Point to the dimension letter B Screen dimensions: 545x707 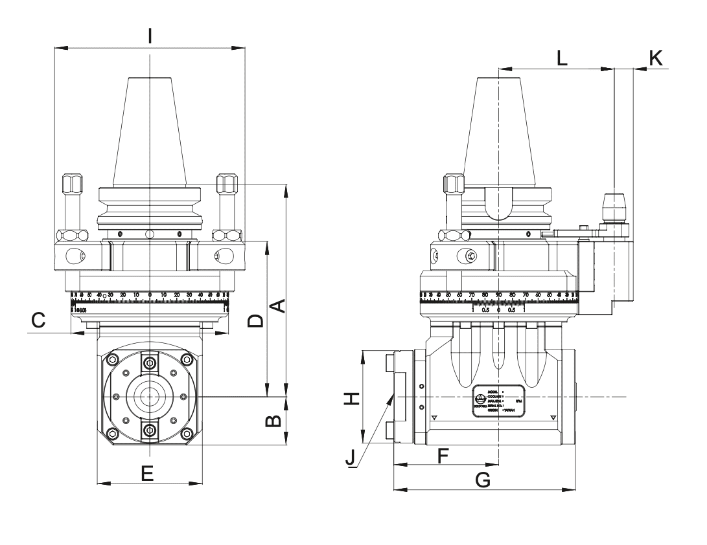coord(274,421)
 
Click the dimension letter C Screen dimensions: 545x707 coord(38,320)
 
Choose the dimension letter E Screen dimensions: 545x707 coord(148,474)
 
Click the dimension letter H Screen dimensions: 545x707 coord(351,398)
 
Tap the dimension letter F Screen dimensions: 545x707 coord(443,455)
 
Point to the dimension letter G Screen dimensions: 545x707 coord(483,480)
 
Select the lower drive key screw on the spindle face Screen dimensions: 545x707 coord(150,430)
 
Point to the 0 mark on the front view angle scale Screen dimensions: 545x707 coord(150,296)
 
